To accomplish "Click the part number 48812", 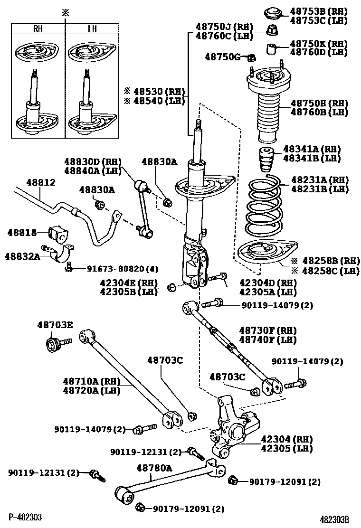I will (41, 182).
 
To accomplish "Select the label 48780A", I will (154, 468).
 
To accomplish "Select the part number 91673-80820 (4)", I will (122, 269).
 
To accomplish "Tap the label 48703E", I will (55, 325).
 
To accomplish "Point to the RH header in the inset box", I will (38, 28).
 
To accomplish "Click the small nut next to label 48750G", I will (251, 58).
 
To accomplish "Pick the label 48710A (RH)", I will (92, 381).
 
